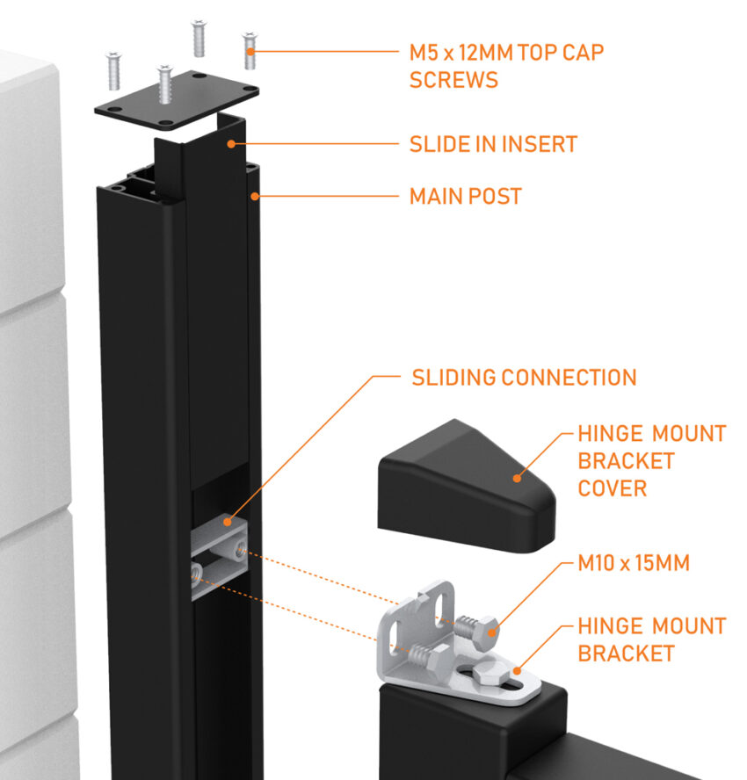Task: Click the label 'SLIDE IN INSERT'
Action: tap(493, 144)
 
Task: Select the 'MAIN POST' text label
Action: tap(465, 196)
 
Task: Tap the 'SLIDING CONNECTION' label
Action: tap(524, 378)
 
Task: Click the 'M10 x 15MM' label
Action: tap(634, 563)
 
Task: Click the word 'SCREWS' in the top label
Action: tap(453, 80)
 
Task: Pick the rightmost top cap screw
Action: tap(250, 49)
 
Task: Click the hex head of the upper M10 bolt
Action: tap(488, 630)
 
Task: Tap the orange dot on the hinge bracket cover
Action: tap(518, 477)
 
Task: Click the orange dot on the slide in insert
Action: tap(231, 143)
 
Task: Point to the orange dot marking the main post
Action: tap(255, 196)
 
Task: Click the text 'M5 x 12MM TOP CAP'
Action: tap(506, 52)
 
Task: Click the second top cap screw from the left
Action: tap(164, 83)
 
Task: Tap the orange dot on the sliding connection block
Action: tap(229, 522)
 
